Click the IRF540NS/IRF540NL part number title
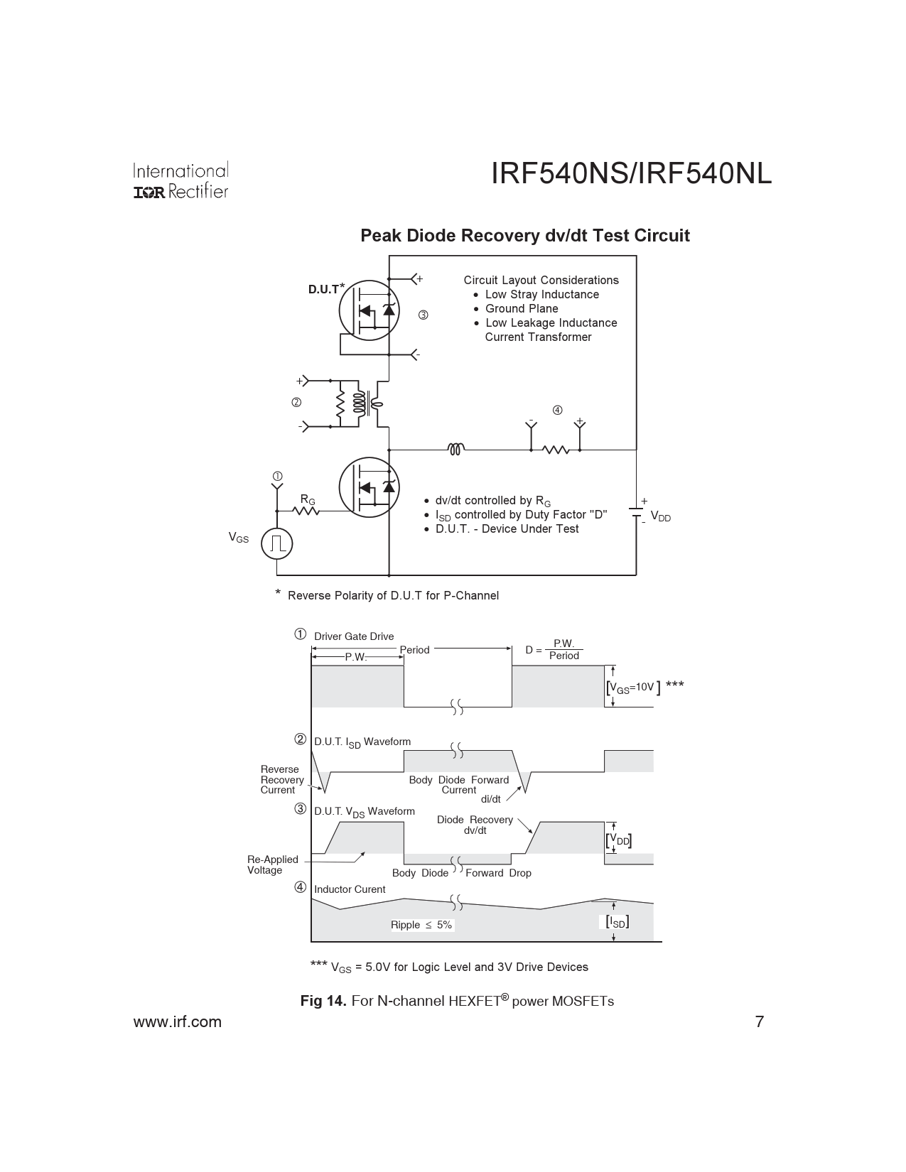tap(631, 174)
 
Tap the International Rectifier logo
tap(180, 181)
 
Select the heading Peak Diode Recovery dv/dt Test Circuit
tap(524, 236)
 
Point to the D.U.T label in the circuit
tap(323, 290)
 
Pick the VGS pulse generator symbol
tap(277, 543)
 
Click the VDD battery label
tap(660, 518)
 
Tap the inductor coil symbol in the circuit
tap(456, 449)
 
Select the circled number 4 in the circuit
tap(557, 410)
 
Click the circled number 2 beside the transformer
tap(296, 402)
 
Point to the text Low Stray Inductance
tap(541, 295)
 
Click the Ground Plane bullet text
tap(522, 309)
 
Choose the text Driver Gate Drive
tap(354, 636)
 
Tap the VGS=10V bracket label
tap(632, 687)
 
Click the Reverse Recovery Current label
tap(281, 780)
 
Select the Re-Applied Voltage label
tap(272, 864)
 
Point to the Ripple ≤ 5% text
tap(421, 925)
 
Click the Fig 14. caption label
tap(323, 1001)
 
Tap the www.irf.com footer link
tap(178, 1022)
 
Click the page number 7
tap(759, 1022)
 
